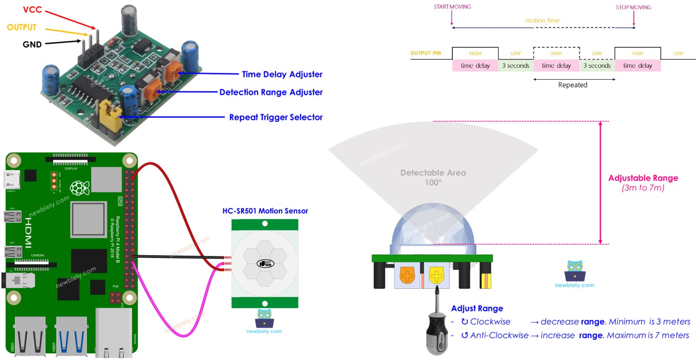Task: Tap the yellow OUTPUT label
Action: click(22, 27)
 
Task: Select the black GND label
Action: click(32, 44)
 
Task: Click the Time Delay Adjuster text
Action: click(282, 74)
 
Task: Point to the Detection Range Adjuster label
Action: click(271, 92)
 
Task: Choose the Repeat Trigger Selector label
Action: click(275, 117)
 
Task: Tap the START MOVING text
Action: click(452, 7)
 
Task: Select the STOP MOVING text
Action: click(633, 7)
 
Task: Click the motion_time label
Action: click(542, 21)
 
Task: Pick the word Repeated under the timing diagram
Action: click(573, 85)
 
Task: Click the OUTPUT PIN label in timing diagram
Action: click(425, 53)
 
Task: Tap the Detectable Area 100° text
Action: click(433, 177)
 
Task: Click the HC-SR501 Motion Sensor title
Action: click(265, 211)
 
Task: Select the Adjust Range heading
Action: click(477, 309)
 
